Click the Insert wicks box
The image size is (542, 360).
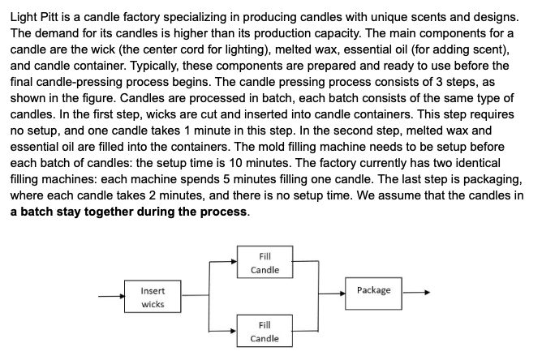click(x=152, y=297)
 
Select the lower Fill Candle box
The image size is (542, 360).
click(x=265, y=331)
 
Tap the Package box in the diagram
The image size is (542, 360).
click(x=373, y=290)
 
